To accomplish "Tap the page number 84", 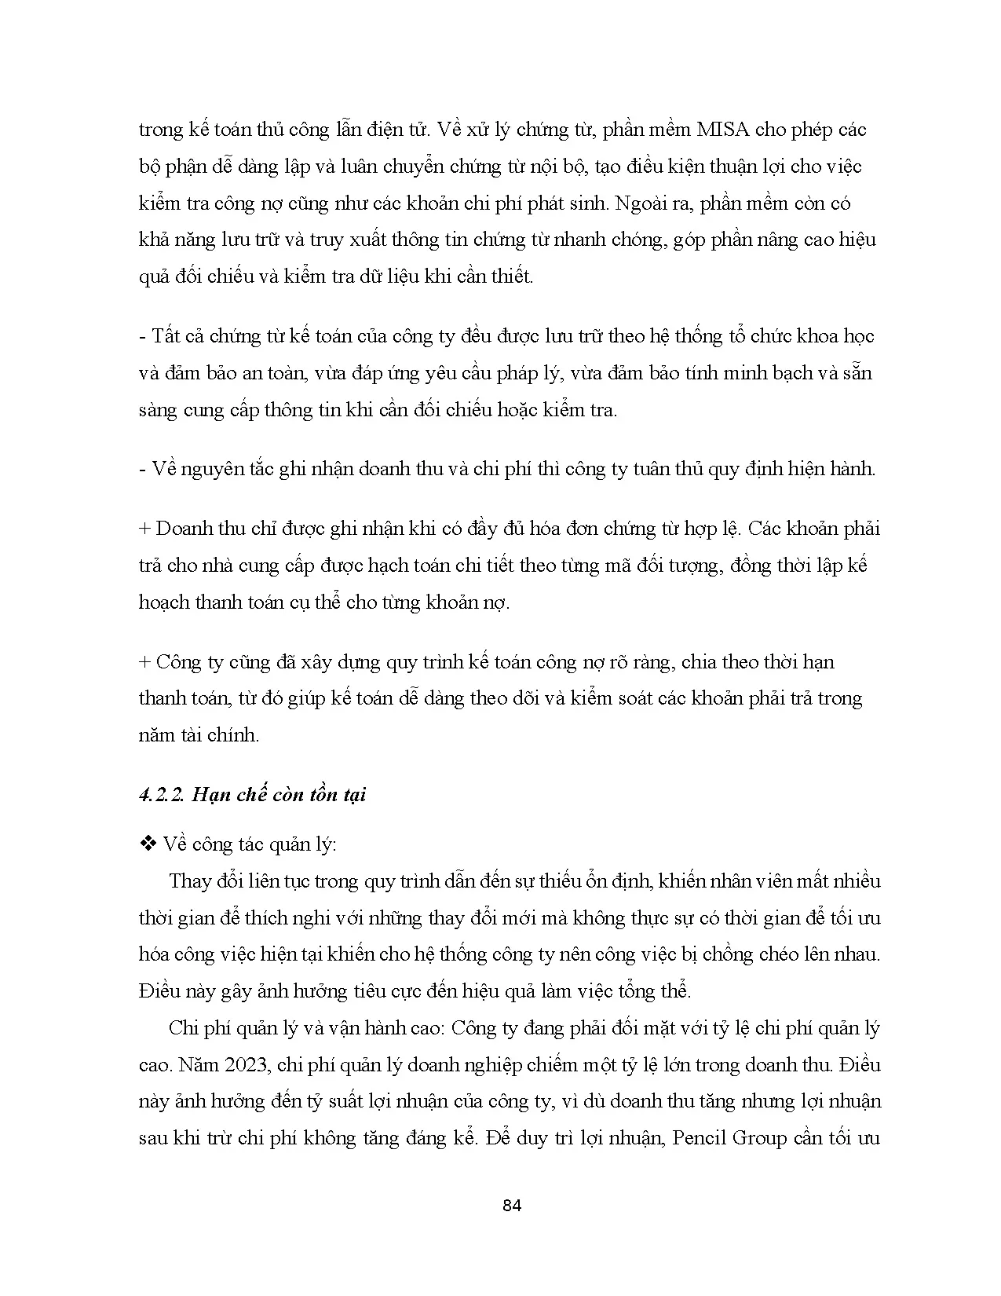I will coord(511,1206).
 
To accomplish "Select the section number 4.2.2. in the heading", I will coord(162,795).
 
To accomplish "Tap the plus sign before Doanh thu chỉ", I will coord(144,529).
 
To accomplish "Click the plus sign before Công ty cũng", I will coord(144,662).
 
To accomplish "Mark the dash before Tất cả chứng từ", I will coord(142,337).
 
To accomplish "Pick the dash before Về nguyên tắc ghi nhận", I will coord(142,470).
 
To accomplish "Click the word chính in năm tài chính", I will coord(234,736).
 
